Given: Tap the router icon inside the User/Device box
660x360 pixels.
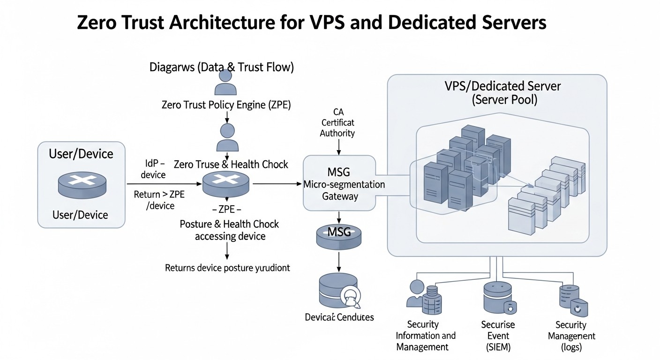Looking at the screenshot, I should click(x=82, y=184).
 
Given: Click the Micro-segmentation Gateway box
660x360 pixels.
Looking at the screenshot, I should click(x=339, y=183).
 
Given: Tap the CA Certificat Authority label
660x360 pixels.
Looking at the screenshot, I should click(x=337, y=122).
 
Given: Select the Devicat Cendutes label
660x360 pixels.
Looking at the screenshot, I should click(x=339, y=317).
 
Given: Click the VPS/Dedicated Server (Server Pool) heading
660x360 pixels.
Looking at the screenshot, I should click(x=502, y=93).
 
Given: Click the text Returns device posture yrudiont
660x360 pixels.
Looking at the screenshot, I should click(x=227, y=268).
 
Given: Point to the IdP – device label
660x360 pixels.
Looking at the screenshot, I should click(x=154, y=169).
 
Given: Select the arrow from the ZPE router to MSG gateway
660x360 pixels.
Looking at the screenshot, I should click(x=277, y=184).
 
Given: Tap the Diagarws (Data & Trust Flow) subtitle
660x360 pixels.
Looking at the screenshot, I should click(x=221, y=67).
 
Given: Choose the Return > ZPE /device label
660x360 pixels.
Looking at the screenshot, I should click(x=159, y=200).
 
